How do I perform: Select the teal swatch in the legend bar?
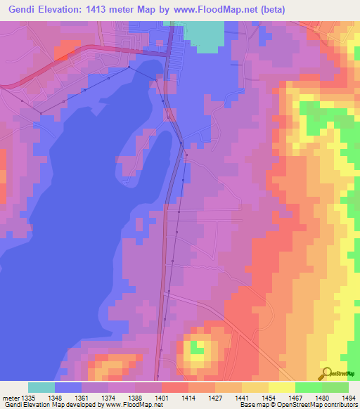(41, 387)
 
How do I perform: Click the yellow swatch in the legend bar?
(281, 387)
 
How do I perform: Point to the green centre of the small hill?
(197, 346)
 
